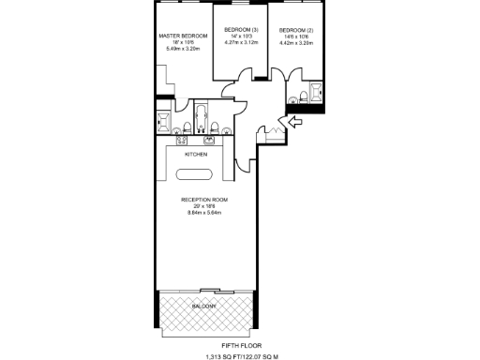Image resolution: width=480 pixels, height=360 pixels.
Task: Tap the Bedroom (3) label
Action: pos(239,28)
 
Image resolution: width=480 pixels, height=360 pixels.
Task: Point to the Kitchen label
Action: pos(195,154)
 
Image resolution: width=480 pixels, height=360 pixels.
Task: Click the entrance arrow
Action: pos(292,122)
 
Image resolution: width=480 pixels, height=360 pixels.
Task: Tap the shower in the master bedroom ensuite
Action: pos(163,121)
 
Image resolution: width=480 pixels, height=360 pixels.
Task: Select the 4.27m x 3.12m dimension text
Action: pos(239,41)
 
